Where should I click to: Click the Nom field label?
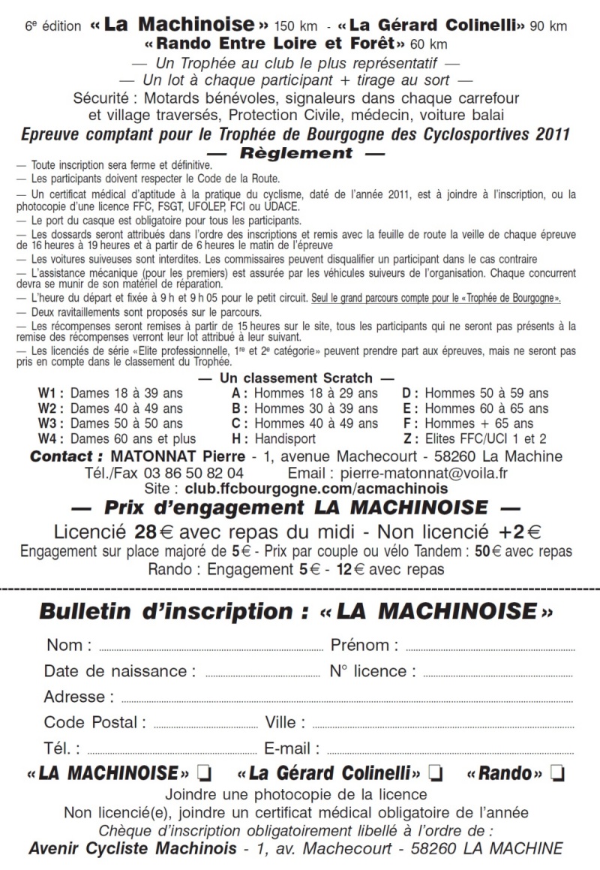tap(69, 645)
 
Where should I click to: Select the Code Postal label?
tap(94, 722)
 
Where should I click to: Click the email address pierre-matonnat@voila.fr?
tap(424, 474)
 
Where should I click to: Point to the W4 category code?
tap(50, 438)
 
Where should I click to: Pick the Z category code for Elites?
tap(409, 438)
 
